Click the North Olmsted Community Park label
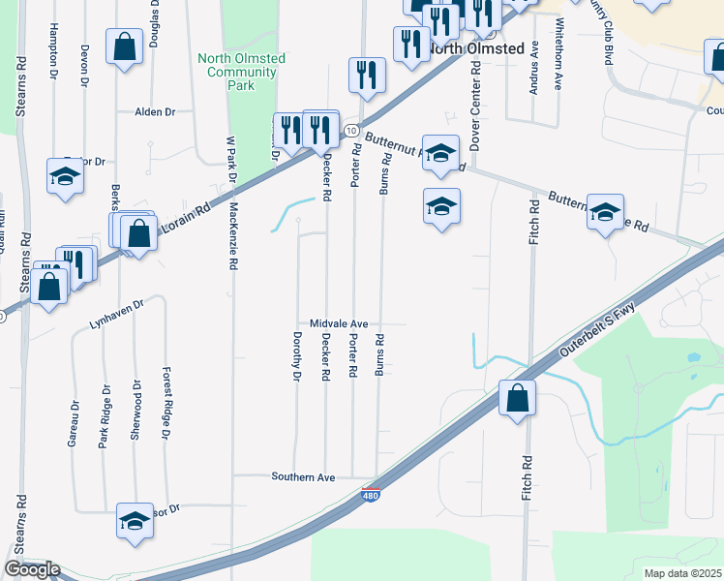coord(241,72)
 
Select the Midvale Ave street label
coord(340,323)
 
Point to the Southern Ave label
coord(303,477)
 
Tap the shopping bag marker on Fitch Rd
coord(518,398)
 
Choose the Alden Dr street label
coord(155,112)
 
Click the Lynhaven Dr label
coord(116,315)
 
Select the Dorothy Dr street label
coord(297,356)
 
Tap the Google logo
coord(32,569)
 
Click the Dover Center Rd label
coord(475,107)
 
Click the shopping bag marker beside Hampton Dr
coord(125,46)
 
